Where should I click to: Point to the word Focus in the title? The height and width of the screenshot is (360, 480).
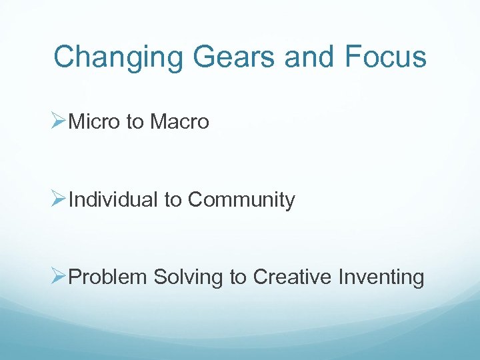(x=386, y=57)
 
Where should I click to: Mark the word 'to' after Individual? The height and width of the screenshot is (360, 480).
(x=173, y=200)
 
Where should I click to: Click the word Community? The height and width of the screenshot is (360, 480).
(x=241, y=200)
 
